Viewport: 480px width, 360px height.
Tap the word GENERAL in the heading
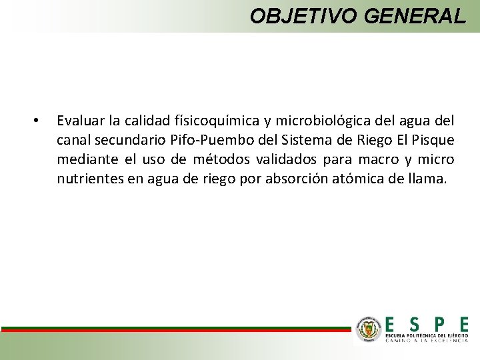point(415,15)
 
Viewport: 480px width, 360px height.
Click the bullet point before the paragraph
point(36,121)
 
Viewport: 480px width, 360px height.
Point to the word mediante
point(85,159)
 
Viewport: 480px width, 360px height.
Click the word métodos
point(221,159)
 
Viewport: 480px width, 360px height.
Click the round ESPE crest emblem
point(368,329)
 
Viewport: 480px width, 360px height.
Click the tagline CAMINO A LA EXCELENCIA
point(427,340)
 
